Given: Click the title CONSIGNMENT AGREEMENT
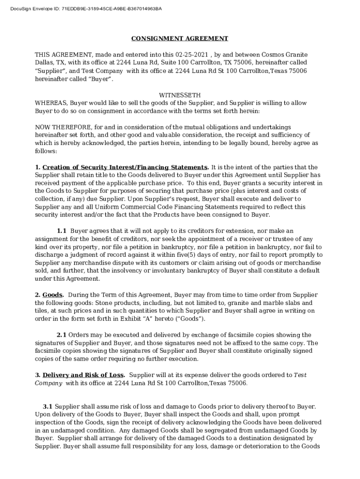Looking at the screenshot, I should pos(180,38).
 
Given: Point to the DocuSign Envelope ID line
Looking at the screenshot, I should pos(86,8).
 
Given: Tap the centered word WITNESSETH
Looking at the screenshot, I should pos(180,95).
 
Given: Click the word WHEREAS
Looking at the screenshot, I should pos(51,103).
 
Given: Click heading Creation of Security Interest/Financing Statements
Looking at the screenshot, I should pos(125,167).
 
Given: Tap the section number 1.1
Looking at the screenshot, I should pos(62,231).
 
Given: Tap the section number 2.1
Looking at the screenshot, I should pos(62,334).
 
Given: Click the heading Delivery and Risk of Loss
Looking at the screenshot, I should pos(83,375).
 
